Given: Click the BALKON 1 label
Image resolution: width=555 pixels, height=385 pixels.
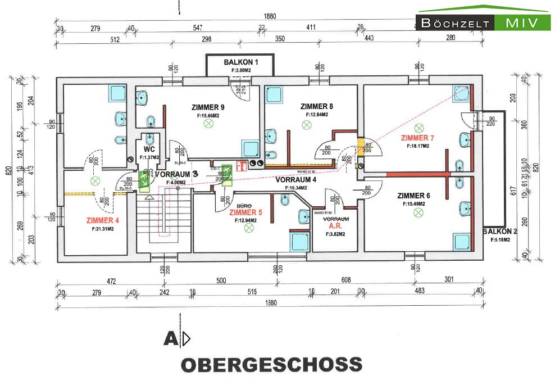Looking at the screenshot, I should [240, 62].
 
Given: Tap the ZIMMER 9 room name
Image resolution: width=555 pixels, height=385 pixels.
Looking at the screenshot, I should [208, 107].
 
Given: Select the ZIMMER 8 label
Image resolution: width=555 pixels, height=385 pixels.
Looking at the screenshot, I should [317, 106].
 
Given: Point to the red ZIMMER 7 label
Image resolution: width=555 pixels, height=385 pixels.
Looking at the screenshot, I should [417, 138].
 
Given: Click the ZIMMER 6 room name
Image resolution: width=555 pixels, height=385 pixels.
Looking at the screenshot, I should [413, 196].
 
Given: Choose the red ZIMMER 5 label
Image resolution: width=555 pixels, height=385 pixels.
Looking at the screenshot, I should [246, 212].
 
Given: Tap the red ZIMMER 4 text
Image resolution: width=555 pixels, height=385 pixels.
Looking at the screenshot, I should [103, 220].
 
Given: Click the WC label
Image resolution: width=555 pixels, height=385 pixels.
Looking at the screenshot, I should [149, 150].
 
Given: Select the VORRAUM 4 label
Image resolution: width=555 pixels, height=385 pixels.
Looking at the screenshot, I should [296, 180].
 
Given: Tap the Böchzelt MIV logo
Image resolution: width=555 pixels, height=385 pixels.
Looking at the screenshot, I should [483, 22].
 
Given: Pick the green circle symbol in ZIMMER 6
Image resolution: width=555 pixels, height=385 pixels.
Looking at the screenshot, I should [418, 212].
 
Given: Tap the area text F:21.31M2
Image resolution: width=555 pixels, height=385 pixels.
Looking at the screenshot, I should [103, 229].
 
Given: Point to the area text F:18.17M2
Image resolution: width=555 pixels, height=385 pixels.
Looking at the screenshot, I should [418, 146].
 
